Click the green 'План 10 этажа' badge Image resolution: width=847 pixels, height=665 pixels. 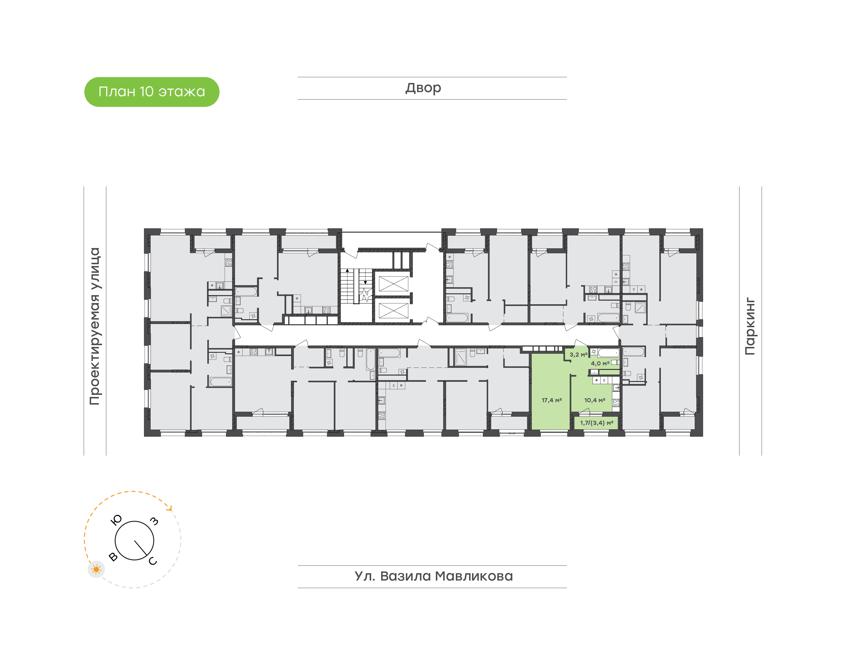(x=152, y=92)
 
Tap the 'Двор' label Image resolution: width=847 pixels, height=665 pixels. (x=423, y=88)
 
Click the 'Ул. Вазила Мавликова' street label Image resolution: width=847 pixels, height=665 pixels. (x=433, y=576)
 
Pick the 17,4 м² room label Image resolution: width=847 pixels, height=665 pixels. (x=552, y=400)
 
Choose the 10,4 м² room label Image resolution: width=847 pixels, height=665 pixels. (x=594, y=400)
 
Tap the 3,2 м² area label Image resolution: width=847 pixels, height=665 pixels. (x=578, y=355)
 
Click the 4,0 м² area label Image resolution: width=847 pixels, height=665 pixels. (x=600, y=363)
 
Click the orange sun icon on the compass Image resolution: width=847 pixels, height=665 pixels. (x=96, y=570)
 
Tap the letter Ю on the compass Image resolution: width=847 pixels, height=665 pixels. (x=116, y=520)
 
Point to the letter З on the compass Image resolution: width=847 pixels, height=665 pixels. (x=154, y=521)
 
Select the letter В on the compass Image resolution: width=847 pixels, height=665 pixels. (x=113, y=556)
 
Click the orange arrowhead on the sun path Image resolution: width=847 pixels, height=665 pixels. (x=169, y=508)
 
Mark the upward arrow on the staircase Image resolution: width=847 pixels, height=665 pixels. (x=347, y=270)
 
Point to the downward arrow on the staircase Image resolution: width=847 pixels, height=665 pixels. (x=365, y=282)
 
